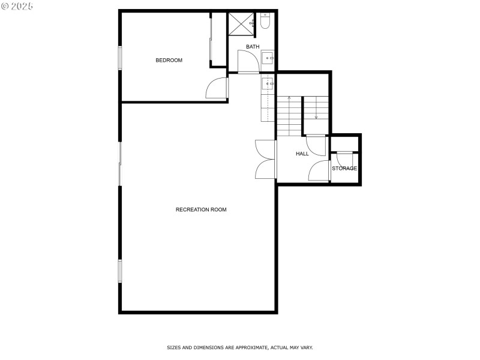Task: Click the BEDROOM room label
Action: [x=169, y=61]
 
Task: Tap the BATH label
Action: [x=253, y=47]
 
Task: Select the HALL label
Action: [x=302, y=154]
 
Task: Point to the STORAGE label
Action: [x=344, y=168]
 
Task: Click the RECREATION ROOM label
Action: [x=201, y=209]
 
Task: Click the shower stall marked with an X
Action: [x=241, y=24]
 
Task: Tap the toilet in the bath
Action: [x=265, y=21]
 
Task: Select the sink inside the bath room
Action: [x=268, y=58]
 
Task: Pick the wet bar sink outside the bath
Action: [x=268, y=83]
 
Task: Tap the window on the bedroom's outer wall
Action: [x=120, y=58]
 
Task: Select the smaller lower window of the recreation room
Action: [x=120, y=271]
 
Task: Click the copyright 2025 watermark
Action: [x=17, y=6]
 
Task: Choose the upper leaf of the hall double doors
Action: [x=265, y=149]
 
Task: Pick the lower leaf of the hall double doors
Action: [x=265, y=169]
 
